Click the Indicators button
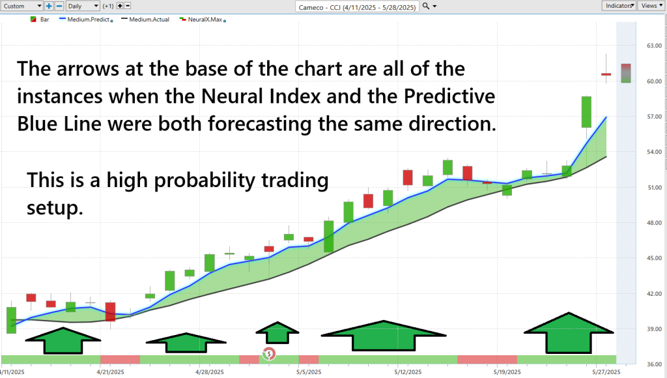(x=619, y=5)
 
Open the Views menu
(x=651, y=5)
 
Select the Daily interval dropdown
(x=83, y=6)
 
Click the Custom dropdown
(x=21, y=6)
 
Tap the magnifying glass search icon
(x=426, y=6)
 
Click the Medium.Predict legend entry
(x=86, y=20)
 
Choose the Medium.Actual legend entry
(x=145, y=20)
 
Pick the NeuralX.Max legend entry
(x=203, y=20)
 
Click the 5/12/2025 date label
(x=408, y=372)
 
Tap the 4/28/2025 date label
(x=210, y=372)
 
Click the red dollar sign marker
(x=269, y=353)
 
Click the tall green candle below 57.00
(x=586, y=112)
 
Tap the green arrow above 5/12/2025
(x=384, y=336)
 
